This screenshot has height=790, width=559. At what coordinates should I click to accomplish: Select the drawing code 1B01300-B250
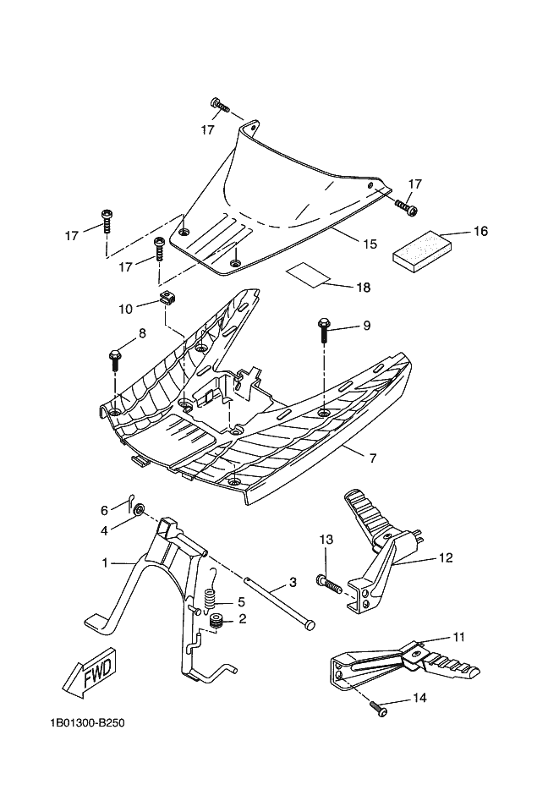point(87,723)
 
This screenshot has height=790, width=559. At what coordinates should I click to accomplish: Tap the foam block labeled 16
point(423,249)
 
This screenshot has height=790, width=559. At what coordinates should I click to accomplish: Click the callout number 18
point(363,288)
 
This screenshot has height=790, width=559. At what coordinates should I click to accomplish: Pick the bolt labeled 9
point(323,330)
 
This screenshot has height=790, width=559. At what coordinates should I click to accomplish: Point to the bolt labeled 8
point(114,359)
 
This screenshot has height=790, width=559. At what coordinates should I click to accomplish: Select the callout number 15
point(370,244)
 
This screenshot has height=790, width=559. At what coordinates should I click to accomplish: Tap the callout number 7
point(373,458)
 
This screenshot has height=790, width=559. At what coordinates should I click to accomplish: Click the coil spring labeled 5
point(211,595)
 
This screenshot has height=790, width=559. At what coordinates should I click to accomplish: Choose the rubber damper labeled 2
point(217,621)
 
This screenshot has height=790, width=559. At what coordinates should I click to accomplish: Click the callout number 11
point(458,637)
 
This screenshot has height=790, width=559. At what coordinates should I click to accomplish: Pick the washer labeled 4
point(140,510)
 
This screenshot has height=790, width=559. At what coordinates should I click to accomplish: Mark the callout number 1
point(105,562)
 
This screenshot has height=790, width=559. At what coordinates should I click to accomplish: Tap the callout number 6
point(104,510)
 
